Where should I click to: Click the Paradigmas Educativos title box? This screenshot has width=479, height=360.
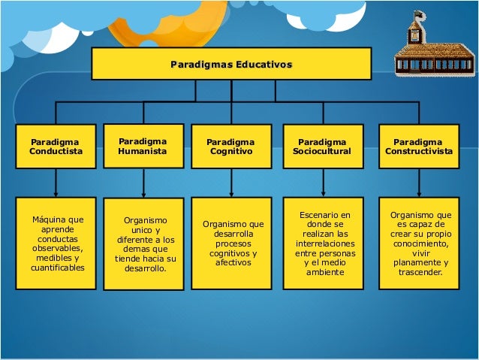231,64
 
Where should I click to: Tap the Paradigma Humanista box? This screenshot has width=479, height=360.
143,145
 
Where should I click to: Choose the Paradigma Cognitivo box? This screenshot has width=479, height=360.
230,146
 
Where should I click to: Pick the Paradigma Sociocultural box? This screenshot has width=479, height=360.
322,146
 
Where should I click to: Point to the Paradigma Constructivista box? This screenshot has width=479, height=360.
418,146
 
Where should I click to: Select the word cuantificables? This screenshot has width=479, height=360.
58,268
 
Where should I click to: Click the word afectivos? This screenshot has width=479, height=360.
233,262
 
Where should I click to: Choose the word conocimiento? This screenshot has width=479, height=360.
420,244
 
